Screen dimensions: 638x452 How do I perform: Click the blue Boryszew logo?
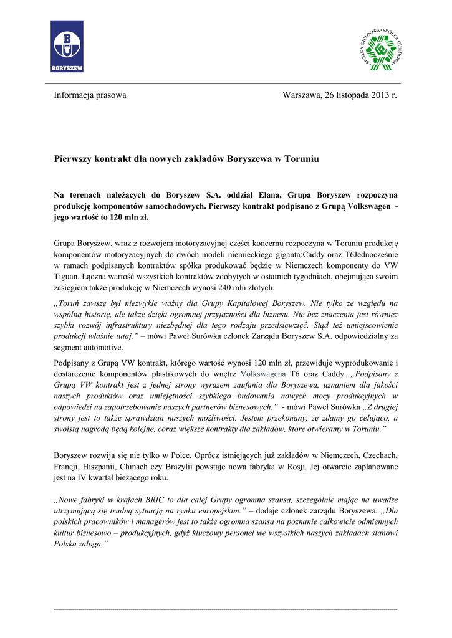coord(67,46)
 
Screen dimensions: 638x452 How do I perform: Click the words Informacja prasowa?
coord(90,95)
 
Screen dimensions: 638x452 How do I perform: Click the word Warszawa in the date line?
coord(302,95)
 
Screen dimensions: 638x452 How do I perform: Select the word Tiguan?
coord(67,277)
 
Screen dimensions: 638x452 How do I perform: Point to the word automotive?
coord(104,348)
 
